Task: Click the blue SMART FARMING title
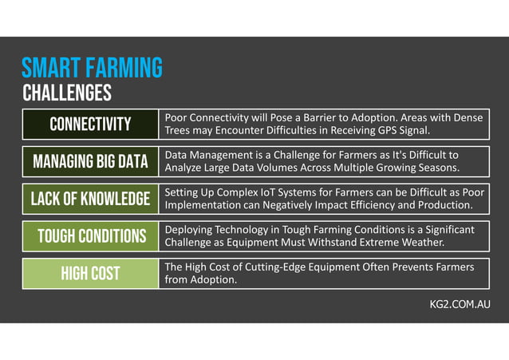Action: coord(92,67)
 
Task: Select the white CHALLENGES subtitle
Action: coord(66,93)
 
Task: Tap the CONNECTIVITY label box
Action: coord(90,124)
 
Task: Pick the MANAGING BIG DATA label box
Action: coord(90,162)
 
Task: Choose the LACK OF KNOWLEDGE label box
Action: coord(90,199)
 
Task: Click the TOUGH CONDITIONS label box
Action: coord(90,236)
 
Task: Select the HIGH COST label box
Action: coord(90,274)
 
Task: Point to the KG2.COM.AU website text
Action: coord(460,306)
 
